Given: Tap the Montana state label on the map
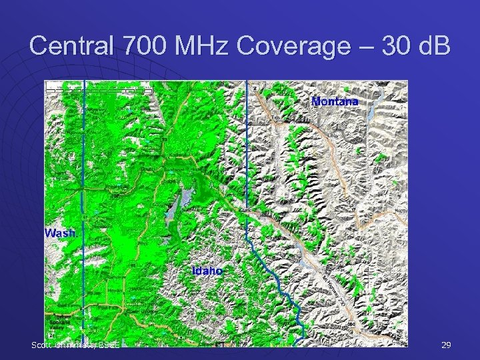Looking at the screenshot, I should point(335,101).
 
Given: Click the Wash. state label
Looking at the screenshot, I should point(60,233).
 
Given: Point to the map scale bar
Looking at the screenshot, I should point(99,87).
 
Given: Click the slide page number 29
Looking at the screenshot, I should point(446,345).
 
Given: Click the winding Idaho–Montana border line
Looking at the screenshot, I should point(273,280).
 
